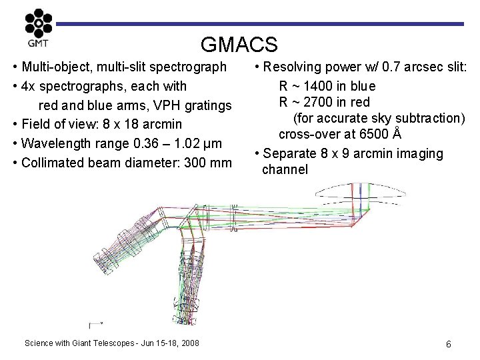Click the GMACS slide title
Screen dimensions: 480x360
point(239,45)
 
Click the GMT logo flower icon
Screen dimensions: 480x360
point(38,24)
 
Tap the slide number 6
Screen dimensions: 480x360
point(449,344)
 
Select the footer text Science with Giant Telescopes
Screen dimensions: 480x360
point(81,343)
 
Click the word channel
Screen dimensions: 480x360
point(285,169)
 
